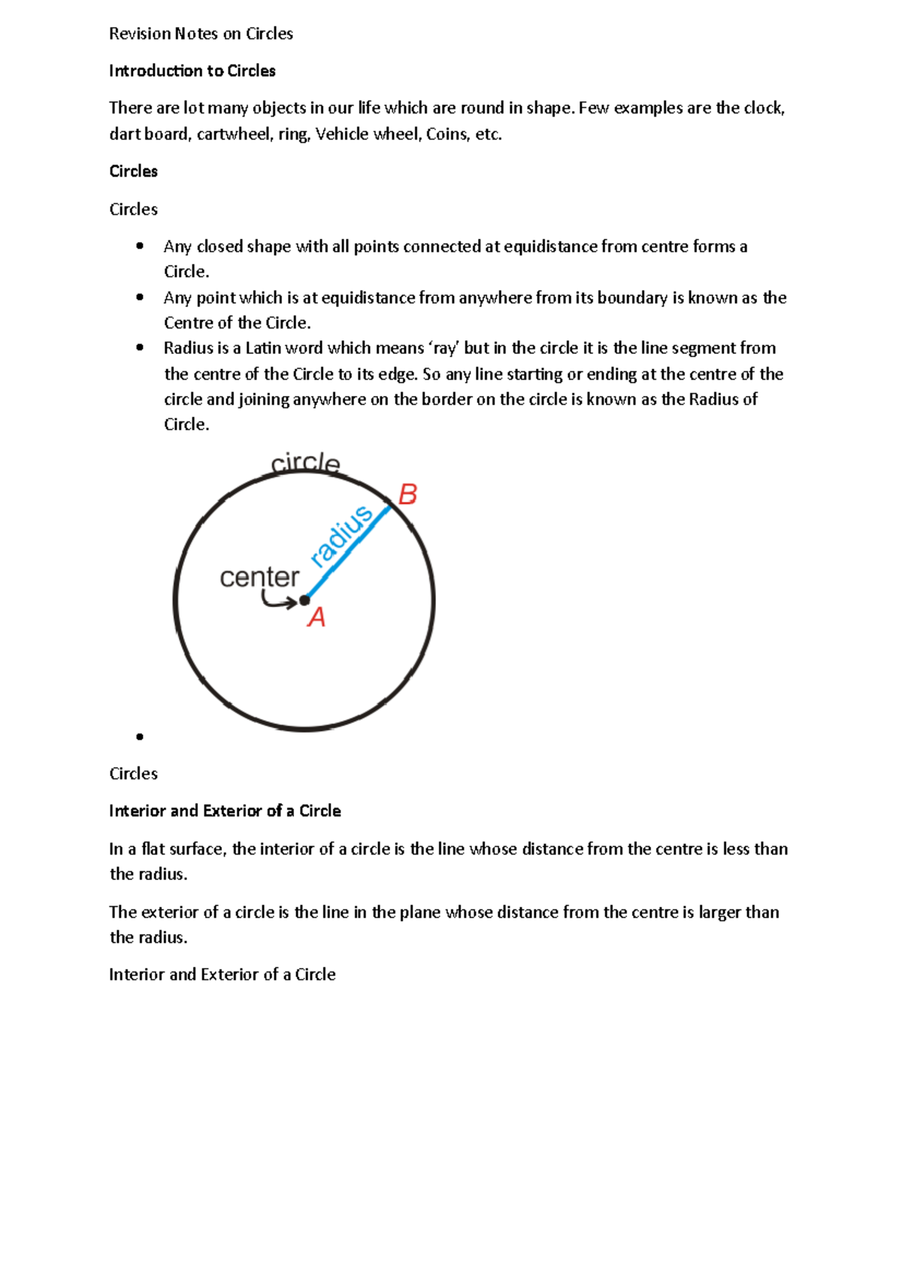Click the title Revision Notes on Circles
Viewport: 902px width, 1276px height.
pos(201,34)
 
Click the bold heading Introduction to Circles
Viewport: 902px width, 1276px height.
pos(192,71)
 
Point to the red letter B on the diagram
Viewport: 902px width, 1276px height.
pos(407,494)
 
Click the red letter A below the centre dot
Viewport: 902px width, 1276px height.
pos(316,618)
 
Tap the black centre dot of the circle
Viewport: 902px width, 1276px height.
pos(304,600)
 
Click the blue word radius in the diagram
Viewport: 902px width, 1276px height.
pos(341,536)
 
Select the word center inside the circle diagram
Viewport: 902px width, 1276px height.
pos(259,577)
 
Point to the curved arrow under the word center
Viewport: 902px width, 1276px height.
pos(277,600)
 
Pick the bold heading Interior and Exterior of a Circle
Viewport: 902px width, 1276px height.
pos(225,811)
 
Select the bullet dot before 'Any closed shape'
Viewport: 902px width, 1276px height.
pos(140,246)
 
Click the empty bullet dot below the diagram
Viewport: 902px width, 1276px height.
pos(140,736)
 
